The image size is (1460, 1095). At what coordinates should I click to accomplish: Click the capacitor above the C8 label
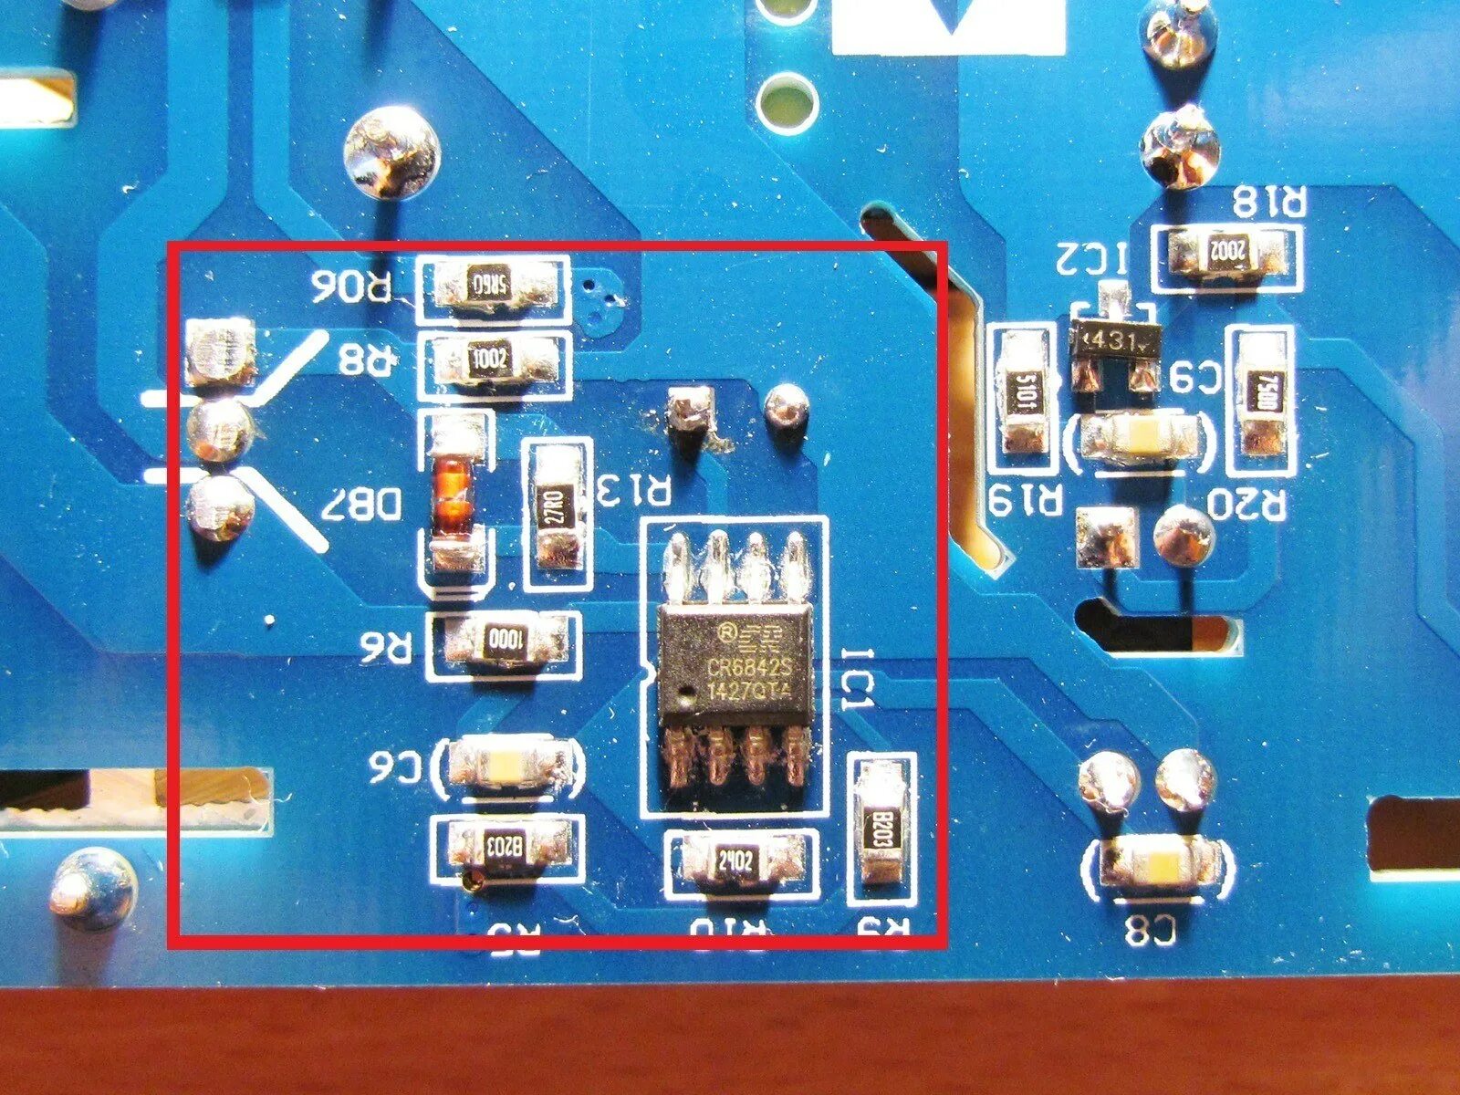point(1158,862)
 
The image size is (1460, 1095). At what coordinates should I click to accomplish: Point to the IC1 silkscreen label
point(859,680)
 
